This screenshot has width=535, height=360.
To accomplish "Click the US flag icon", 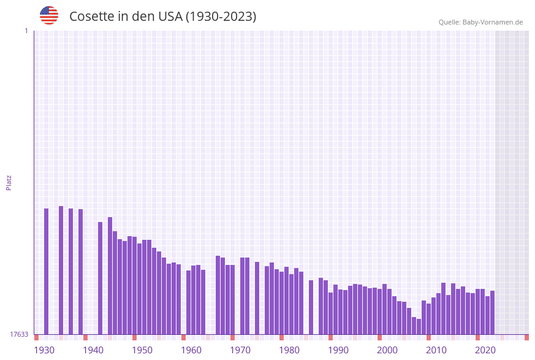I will coord(49,15).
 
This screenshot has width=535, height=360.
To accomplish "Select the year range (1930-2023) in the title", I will coord(221,17).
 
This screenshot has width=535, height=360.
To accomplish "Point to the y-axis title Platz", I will coord(9,182).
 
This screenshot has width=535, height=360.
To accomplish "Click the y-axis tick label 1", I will coord(26,31).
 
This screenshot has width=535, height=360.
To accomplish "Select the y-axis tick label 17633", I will coord(19,334).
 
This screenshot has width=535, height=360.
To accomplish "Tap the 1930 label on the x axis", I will coord(44,350).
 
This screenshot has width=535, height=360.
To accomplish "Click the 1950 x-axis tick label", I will coord(142,350).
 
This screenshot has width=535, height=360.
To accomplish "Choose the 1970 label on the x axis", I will coord(240,350).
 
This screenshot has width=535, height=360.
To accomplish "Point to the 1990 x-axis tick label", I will coord(338,350).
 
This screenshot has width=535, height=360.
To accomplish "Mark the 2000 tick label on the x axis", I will coord(387,350).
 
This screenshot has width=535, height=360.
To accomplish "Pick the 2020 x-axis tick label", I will coord(485,350).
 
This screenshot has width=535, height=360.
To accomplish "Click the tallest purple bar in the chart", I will coord(61,270).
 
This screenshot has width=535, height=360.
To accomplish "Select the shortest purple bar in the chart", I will coord(419,326).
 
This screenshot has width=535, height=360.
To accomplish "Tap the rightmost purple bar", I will coord(493,312).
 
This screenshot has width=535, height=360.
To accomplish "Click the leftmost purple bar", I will coord(47,271).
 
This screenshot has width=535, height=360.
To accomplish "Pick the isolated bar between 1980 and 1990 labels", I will coord(311,307).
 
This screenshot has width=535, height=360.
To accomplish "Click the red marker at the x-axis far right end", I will coord(526,337).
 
